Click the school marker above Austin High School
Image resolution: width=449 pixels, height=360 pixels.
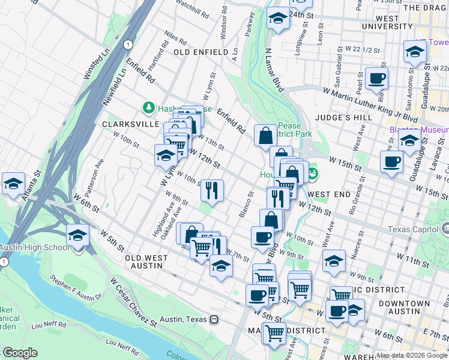[x=77, y=235]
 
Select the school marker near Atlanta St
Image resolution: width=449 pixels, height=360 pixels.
[x=13, y=184]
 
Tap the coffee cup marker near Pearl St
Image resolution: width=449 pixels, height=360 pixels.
[x=376, y=79]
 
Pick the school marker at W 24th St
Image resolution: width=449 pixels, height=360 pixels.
[x=278, y=19]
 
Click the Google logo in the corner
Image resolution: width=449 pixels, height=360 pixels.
[x=20, y=353]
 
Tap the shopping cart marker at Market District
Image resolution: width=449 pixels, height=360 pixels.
[x=274, y=333]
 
